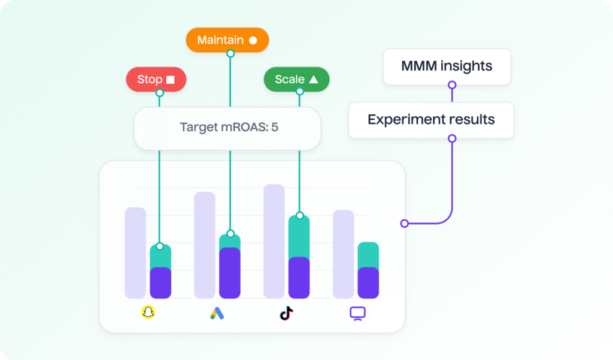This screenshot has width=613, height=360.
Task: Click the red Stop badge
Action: pyautogui.click(x=156, y=79)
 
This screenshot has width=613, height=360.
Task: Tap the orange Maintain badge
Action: pyautogui.click(x=227, y=40)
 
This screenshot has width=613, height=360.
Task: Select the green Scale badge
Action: pyautogui.click(x=296, y=79)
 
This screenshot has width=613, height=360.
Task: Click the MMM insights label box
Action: pyautogui.click(x=447, y=66)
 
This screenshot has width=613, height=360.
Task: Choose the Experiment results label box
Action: pyautogui.click(x=431, y=120)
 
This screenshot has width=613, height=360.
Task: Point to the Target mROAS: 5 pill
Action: pyautogui.click(x=227, y=128)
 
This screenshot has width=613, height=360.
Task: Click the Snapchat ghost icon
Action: pyautogui.click(x=148, y=312)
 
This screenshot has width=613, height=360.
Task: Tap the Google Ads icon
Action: pyautogui.click(x=217, y=313)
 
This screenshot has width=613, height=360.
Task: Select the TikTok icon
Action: pyautogui.click(x=287, y=313)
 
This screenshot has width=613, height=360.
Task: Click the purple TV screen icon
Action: pyautogui.click(x=357, y=313)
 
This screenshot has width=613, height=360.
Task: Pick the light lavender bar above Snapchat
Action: pyautogui.click(x=135, y=252)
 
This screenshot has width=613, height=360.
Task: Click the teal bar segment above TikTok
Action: pyautogui.click(x=299, y=237)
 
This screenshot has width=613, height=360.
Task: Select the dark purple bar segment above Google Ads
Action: pyautogui.click(x=229, y=273)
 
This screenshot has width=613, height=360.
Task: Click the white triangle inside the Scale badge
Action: pyautogui.click(x=314, y=79)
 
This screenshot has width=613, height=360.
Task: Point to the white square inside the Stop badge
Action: pyautogui.click(x=171, y=79)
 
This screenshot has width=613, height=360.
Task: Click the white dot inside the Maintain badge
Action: pyautogui.click(x=253, y=40)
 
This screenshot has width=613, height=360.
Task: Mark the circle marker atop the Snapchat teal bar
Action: pyautogui.click(x=160, y=246)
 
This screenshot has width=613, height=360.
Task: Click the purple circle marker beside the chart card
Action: pyautogui.click(x=405, y=223)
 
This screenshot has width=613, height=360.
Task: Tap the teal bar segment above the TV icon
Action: pyautogui.click(x=368, y=255)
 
